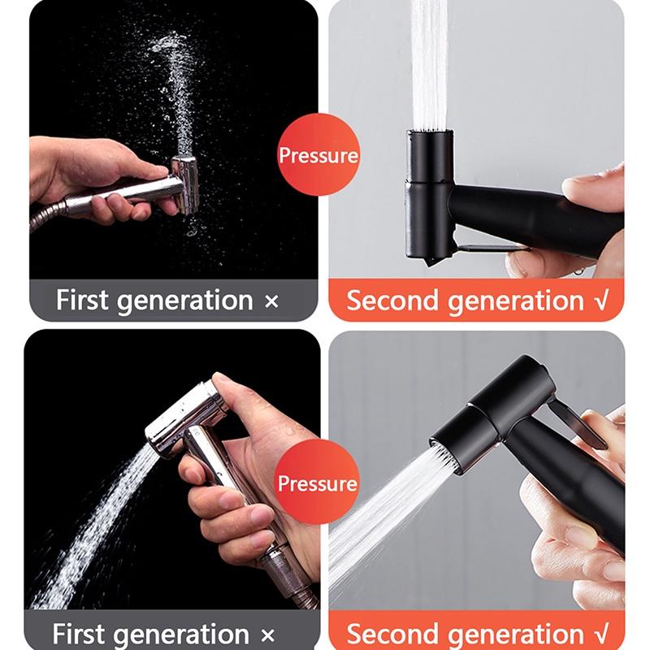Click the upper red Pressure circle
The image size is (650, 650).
coord(318,154)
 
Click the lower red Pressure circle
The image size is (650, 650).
coord(317,482)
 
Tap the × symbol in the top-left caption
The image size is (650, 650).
coord(271,301)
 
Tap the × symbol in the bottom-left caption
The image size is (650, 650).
coord(267,635)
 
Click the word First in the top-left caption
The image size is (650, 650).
coord(82,300)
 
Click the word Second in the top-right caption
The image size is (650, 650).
coord(392,300)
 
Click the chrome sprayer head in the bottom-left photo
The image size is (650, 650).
coord(182,418)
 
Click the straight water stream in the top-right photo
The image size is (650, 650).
coord(429,64)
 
